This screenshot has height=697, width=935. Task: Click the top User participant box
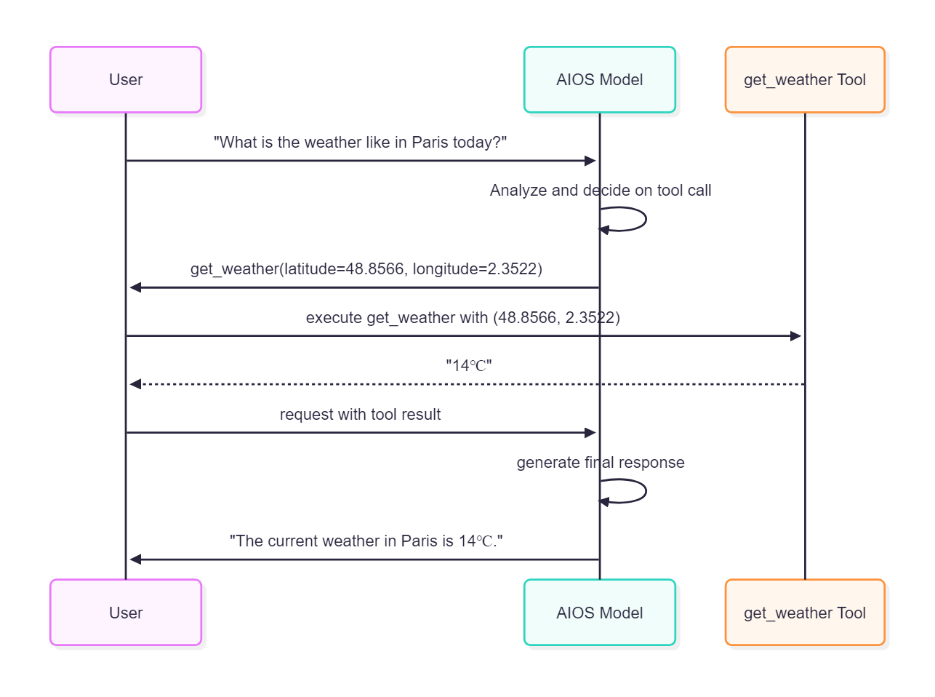pos(126,80)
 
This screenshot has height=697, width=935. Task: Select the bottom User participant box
pos(126,613)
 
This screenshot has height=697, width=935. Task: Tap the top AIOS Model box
pos(599,80)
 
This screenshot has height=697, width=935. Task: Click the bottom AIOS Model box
pos(599,613)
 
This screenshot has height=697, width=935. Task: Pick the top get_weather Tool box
pos(804,80)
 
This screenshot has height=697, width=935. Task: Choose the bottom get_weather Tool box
pos(804,613)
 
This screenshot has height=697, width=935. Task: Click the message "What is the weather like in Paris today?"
pos(360,143)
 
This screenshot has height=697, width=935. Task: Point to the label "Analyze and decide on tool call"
pos(600,191)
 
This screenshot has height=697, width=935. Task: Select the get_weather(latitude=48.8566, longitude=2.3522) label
pos(366,269)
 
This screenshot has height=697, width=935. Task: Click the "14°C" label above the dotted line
pos(468,366)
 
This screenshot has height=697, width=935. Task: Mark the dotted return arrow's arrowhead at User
pos(135,384)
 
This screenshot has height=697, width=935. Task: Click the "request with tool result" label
pos(360,415)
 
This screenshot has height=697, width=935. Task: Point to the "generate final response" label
pos(600,463)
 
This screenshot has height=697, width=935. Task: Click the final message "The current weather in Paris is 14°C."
pos(366,541)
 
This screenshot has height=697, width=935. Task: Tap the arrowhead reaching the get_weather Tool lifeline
pos(795,336)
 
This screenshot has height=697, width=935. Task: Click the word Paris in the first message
pos(430,143)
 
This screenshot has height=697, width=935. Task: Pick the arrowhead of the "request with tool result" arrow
pos(590,433)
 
